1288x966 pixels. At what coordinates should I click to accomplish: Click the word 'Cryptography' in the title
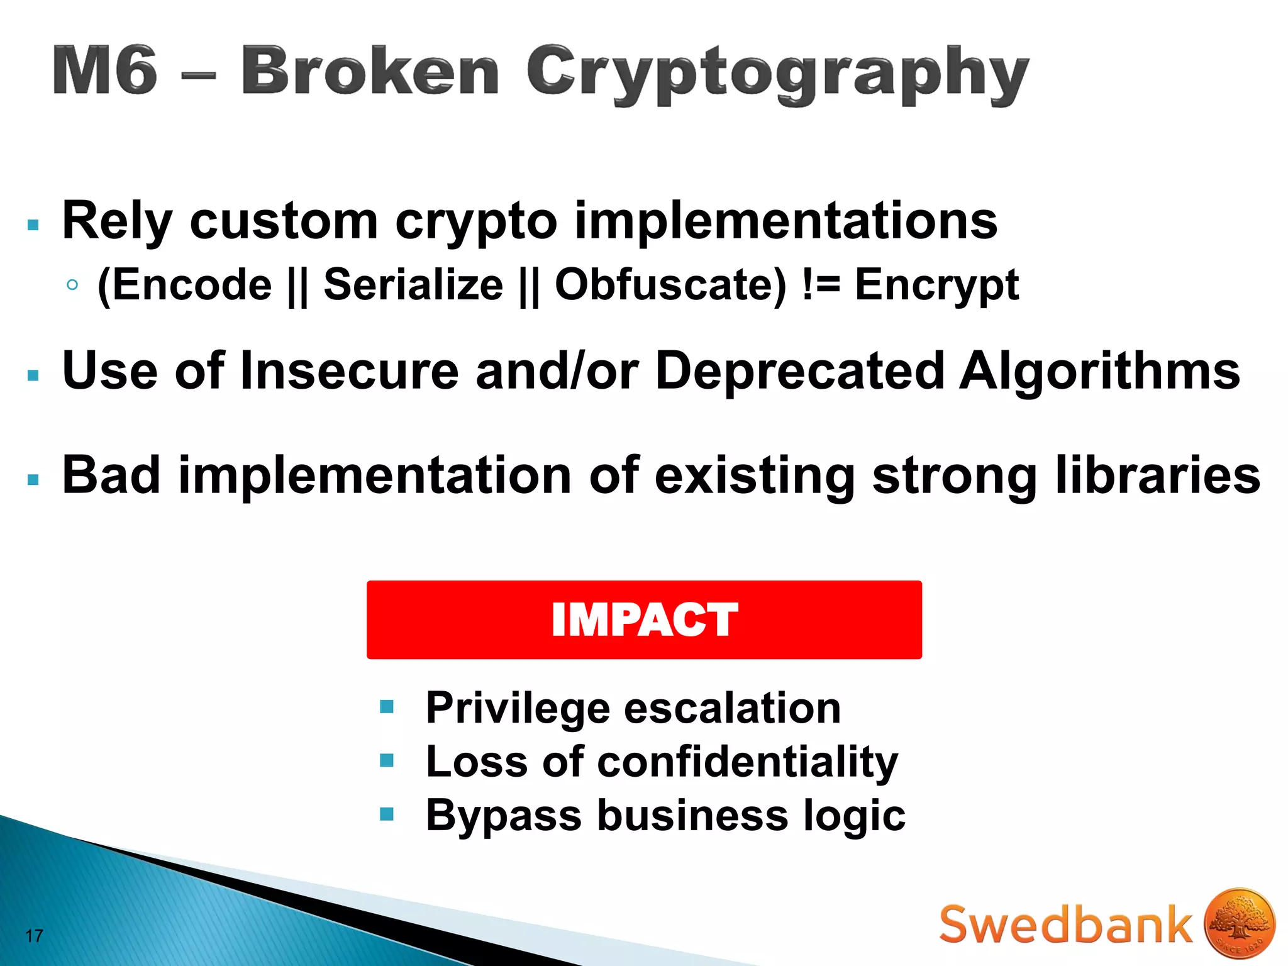click(777, 74)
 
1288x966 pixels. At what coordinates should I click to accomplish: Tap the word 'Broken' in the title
click(370, 70)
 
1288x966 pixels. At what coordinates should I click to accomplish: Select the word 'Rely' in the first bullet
click(117, 221)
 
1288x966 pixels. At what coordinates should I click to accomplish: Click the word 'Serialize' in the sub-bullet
click(413, 285)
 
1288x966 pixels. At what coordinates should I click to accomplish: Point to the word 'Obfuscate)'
click(670, 285)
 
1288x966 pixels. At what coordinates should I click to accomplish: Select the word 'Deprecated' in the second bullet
click(799, 371)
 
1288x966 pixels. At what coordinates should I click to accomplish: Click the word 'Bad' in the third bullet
click(111, 475)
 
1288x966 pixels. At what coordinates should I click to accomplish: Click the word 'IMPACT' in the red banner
click(644, 620)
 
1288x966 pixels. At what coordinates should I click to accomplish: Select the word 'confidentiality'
click(747, 762)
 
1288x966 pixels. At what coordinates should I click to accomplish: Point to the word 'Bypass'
click(503, 816)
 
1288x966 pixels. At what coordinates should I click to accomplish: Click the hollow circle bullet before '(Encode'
click(72, 285)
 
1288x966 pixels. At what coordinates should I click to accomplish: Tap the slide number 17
click(34, 936)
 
